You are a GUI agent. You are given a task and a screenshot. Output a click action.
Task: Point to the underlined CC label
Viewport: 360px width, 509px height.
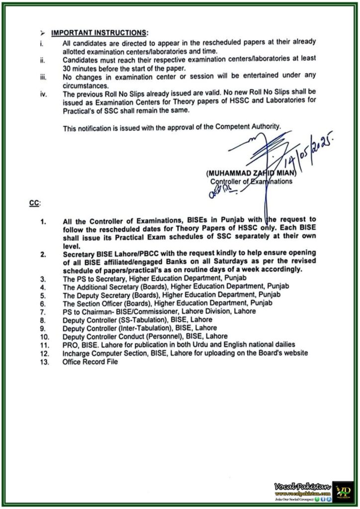click(x=35, y=204)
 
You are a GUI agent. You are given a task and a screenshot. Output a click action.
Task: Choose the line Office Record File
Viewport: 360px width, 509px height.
click(x=90, y=362)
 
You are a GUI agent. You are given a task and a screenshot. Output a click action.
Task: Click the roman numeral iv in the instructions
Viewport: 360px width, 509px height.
click(x=44, y=93)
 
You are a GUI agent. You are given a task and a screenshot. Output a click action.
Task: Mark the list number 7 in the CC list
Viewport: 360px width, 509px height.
click(x=44, y=311)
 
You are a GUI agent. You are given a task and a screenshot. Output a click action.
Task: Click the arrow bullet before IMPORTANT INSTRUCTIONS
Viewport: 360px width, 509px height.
click(x=43, y=33)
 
